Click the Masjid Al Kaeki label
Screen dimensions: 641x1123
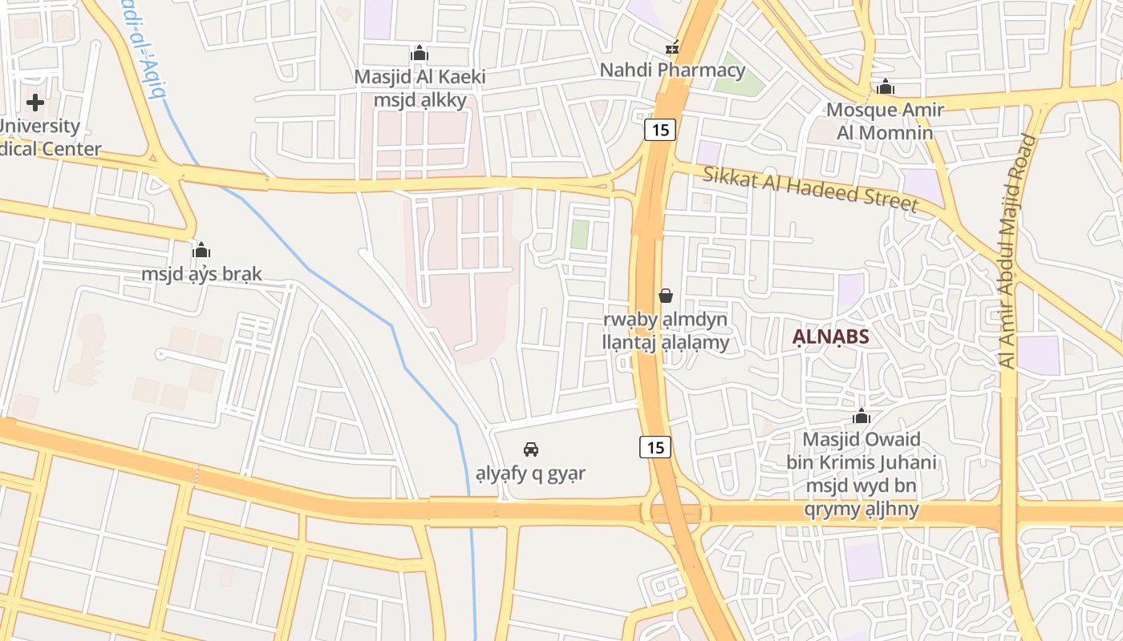pyautogui.click(x=420, y=89)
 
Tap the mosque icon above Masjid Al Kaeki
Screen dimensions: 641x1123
pyautogui.click(x=420, y=54)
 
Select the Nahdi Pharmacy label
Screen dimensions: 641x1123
pyautogui.click(x=672, y=70)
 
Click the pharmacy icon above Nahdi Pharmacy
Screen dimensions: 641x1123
pyautogui.click(x=672, y=48)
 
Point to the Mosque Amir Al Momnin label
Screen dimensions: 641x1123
pyautogui.click(x=885, y=120)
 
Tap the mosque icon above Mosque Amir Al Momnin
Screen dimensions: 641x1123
pyautogui.click(x=885, y=87)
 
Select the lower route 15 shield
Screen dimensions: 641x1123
pyautogui.click(x=655, y=447)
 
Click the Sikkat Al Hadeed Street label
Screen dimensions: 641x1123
pyautogui.click(x=810, y=189)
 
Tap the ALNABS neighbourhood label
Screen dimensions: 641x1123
pyautogui.click(x=831, y=337)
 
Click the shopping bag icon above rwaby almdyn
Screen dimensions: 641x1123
pyautogui.click(x=666, y=296)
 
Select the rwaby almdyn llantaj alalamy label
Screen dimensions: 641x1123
pyautogui.click(x=666, y=331)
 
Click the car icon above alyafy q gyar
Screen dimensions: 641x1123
pyautogui.click(x=530, y=450)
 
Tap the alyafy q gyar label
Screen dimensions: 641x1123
pyautogui.click(x=530, y=473)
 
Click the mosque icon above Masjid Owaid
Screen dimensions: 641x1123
pyautogui.click(x=862, y=417)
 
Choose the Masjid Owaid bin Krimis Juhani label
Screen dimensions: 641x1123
pyautogui.click(x=862, y=474)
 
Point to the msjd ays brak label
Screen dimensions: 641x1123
pyautogui.click(x=201, y=274)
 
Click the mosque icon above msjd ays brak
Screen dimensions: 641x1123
pyautogui.click(x=201, y=250)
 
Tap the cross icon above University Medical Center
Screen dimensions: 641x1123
pyautogui.click(x=35, y=103)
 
